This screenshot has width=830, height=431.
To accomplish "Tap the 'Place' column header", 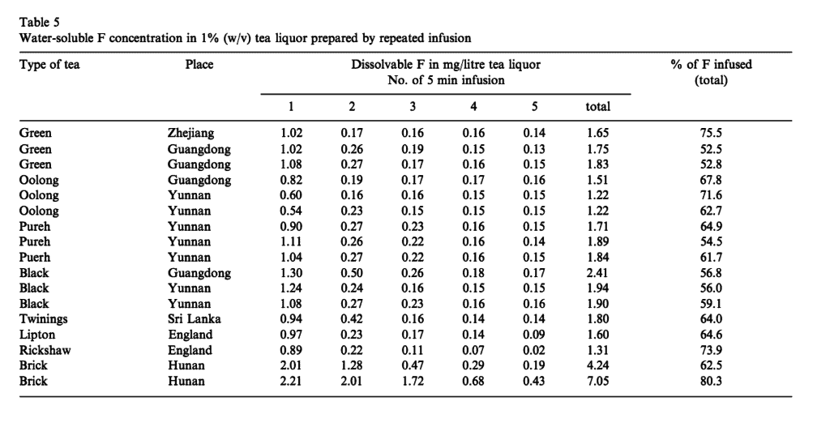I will pos(199,65).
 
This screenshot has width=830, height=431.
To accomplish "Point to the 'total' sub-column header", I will pos(597,106).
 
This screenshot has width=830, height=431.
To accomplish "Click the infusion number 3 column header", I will pos(413,106).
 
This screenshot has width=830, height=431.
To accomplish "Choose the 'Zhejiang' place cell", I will pos(191,133).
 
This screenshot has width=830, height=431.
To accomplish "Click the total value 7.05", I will pos(597,381).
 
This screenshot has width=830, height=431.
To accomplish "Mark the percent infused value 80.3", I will pos(711,381).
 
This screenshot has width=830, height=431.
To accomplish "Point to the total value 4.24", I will pos(597,365).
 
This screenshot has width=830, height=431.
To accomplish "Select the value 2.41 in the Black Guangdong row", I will pos(597,273).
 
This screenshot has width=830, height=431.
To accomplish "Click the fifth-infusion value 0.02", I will pos(533,350).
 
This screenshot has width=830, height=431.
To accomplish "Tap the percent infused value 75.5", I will pos(711,133).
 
